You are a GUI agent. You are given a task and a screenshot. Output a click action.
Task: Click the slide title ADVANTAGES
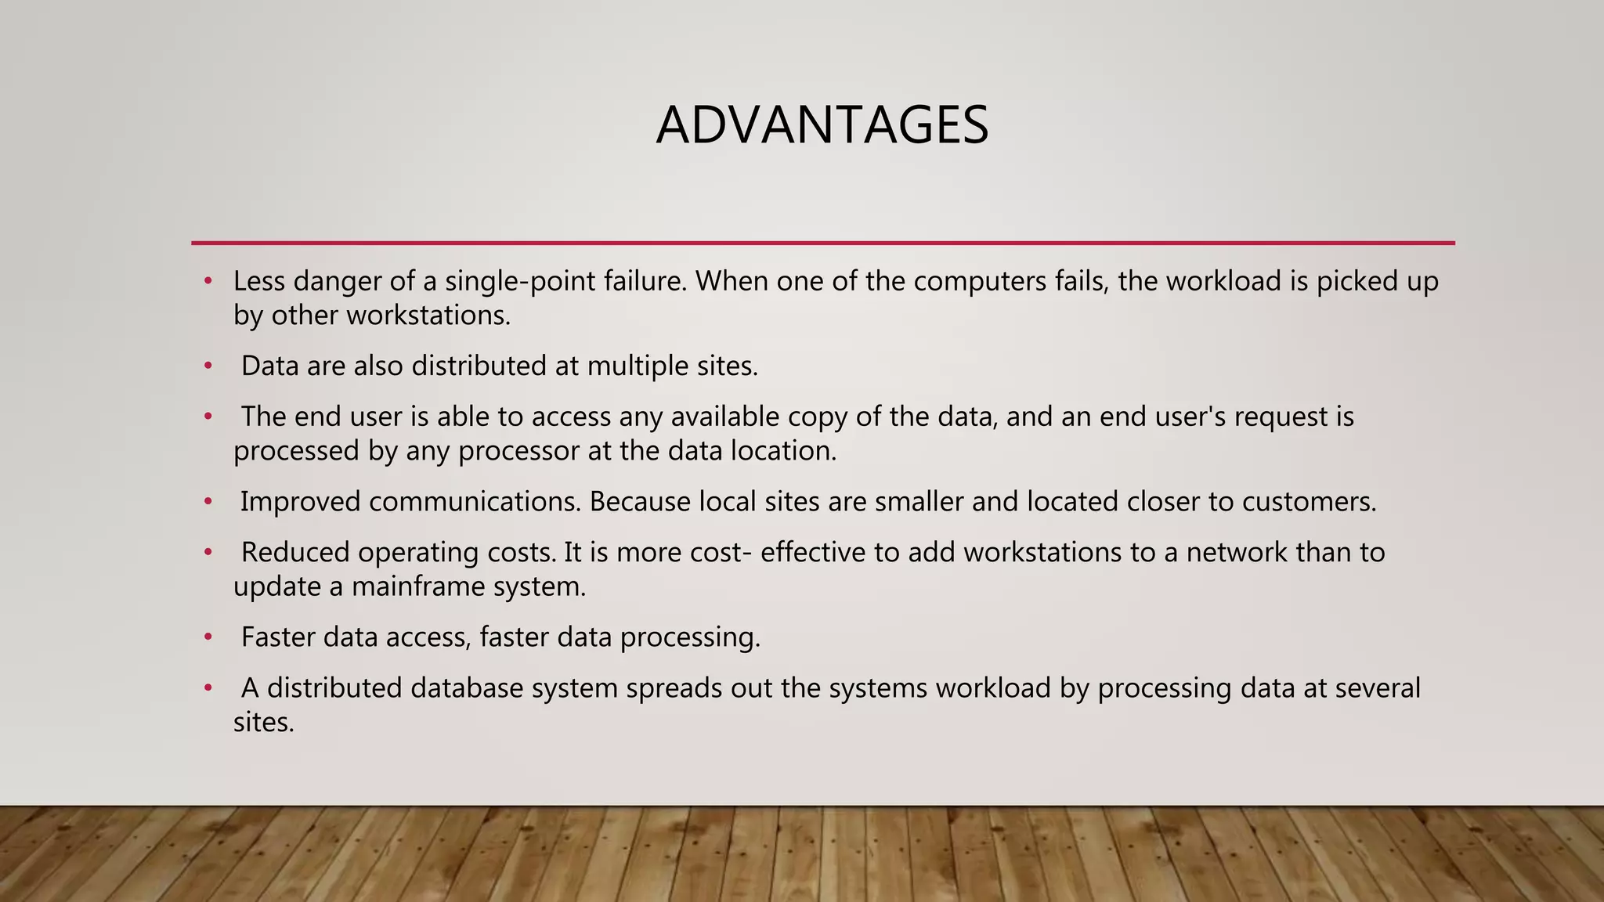(822, 125)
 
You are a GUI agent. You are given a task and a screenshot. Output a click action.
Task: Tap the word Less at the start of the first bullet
(259, 281)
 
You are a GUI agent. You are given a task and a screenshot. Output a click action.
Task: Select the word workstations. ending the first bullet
(428, 316)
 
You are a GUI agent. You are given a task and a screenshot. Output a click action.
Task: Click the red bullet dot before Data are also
(208, 366)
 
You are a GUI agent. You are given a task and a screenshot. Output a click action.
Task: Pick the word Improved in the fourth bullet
(300, 502)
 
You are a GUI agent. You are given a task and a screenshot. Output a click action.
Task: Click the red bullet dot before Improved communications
(208, 502)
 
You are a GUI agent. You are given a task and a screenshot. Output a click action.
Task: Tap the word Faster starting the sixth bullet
(278, 637)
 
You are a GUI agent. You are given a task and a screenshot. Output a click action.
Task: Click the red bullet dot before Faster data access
(208, 637)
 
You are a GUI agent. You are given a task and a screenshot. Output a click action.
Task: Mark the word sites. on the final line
(263, 722)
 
